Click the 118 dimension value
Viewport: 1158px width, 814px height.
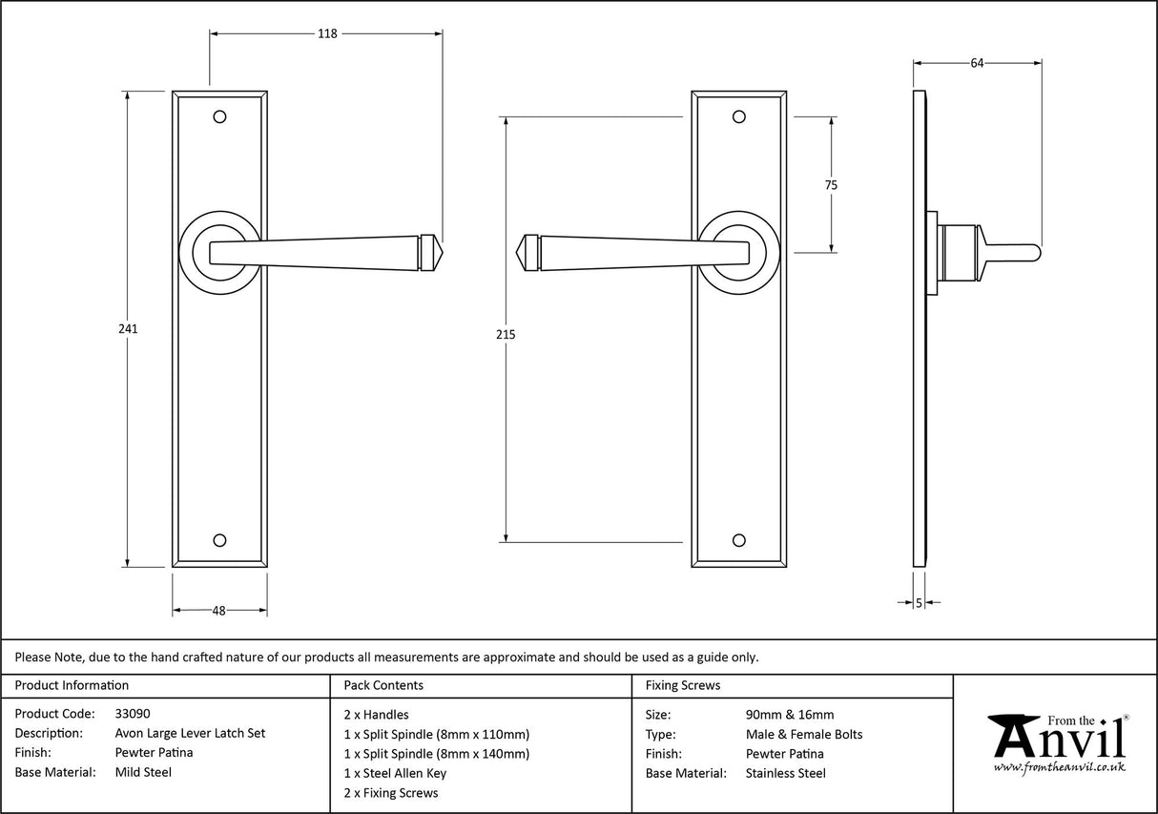327,33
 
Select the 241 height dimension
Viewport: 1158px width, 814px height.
128,328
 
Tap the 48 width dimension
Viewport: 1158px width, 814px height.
218,611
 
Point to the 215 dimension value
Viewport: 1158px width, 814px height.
506,334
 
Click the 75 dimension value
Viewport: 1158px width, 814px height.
831,186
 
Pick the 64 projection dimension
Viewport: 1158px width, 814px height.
977,63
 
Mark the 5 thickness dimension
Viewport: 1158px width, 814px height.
919,602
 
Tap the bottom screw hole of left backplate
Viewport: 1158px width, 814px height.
220,540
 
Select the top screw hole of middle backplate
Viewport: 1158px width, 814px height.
737,116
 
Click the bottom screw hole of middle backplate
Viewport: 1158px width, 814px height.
737,540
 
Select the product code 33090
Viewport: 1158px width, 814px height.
132,714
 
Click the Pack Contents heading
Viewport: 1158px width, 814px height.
383,685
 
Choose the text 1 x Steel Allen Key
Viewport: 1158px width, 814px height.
395,773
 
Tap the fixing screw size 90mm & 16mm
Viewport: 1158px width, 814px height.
790,714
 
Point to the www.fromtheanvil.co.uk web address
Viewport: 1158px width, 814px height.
1059,767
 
